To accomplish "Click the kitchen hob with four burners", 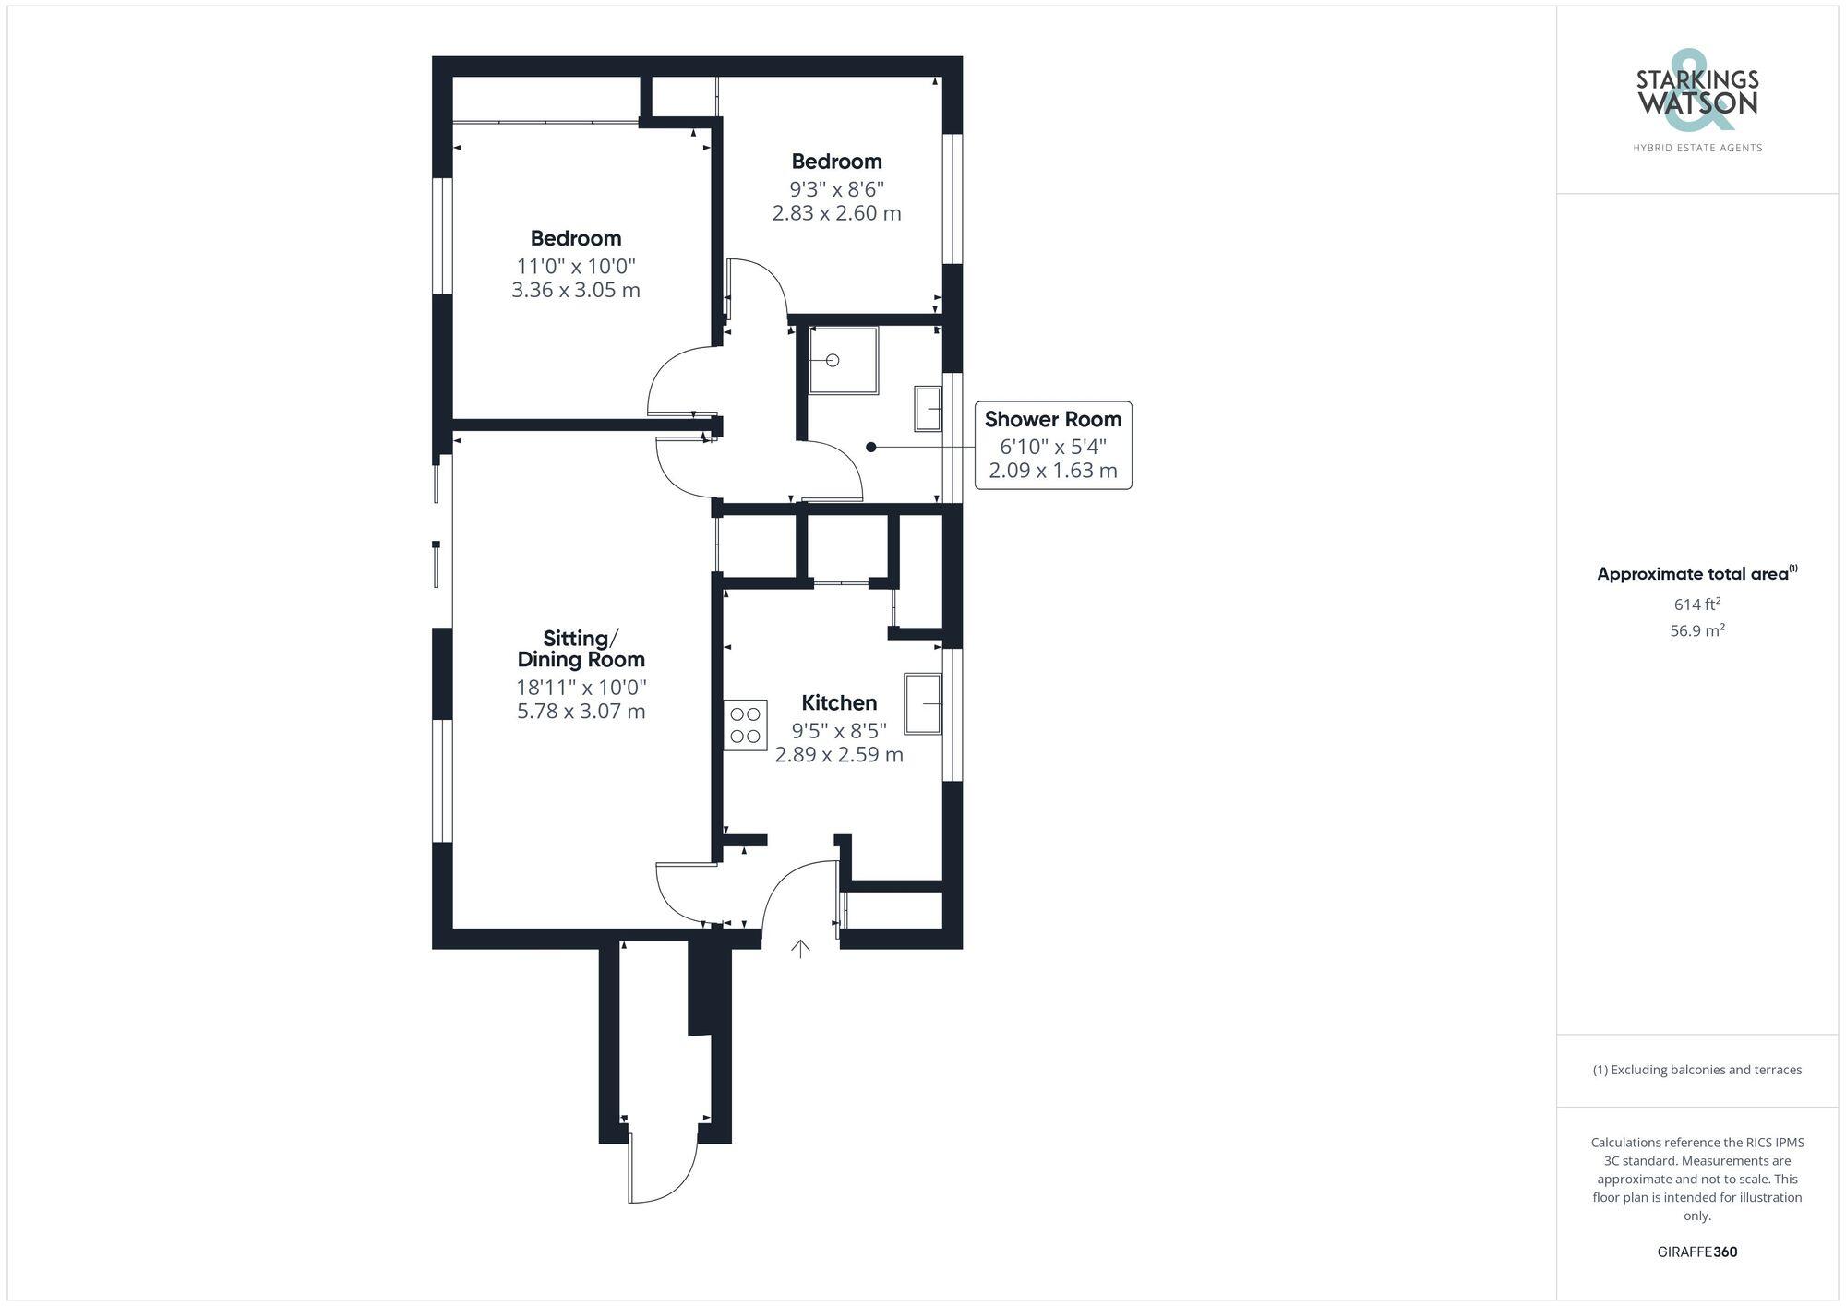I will (x=745, y=725).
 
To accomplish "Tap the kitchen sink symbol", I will (x=923, y=704).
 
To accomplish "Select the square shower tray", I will (x=843, y=361).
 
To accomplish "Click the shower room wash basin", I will (x=928, y=409).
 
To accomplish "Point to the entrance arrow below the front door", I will (x=800, y=949).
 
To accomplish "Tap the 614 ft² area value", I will (x=1696, y=605).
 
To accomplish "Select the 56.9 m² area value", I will (x=1696, y=631).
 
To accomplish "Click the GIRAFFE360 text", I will (x=1696, y=1252).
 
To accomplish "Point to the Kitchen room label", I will (x=838, y=702).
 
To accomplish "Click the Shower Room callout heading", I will (x=1052, y=419).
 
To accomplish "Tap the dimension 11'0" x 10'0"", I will (x=576, y=267).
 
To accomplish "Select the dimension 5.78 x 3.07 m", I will (x=581, y=712).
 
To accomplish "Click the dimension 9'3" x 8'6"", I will (x=836, y=189).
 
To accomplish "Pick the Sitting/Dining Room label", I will (x=581, y=649).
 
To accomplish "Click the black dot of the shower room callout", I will (x=870, y=447).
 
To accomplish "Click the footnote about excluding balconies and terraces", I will (x=1696, y=1070).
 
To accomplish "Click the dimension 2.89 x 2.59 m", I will (x=838, y=755).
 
